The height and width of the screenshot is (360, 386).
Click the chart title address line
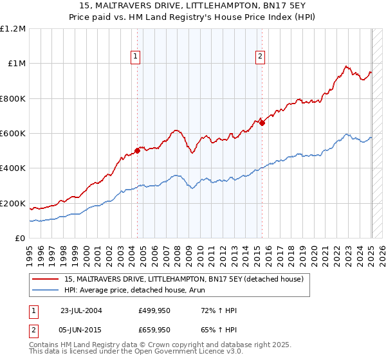(193, 6)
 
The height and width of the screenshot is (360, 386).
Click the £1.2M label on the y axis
(13, 28)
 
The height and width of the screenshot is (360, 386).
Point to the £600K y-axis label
(13, 133)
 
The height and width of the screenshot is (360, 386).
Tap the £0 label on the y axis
(21, 239)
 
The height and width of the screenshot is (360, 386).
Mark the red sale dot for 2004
(138, 151)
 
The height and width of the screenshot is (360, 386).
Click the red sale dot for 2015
(262, 123)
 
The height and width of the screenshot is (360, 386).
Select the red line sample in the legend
(46, 279)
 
